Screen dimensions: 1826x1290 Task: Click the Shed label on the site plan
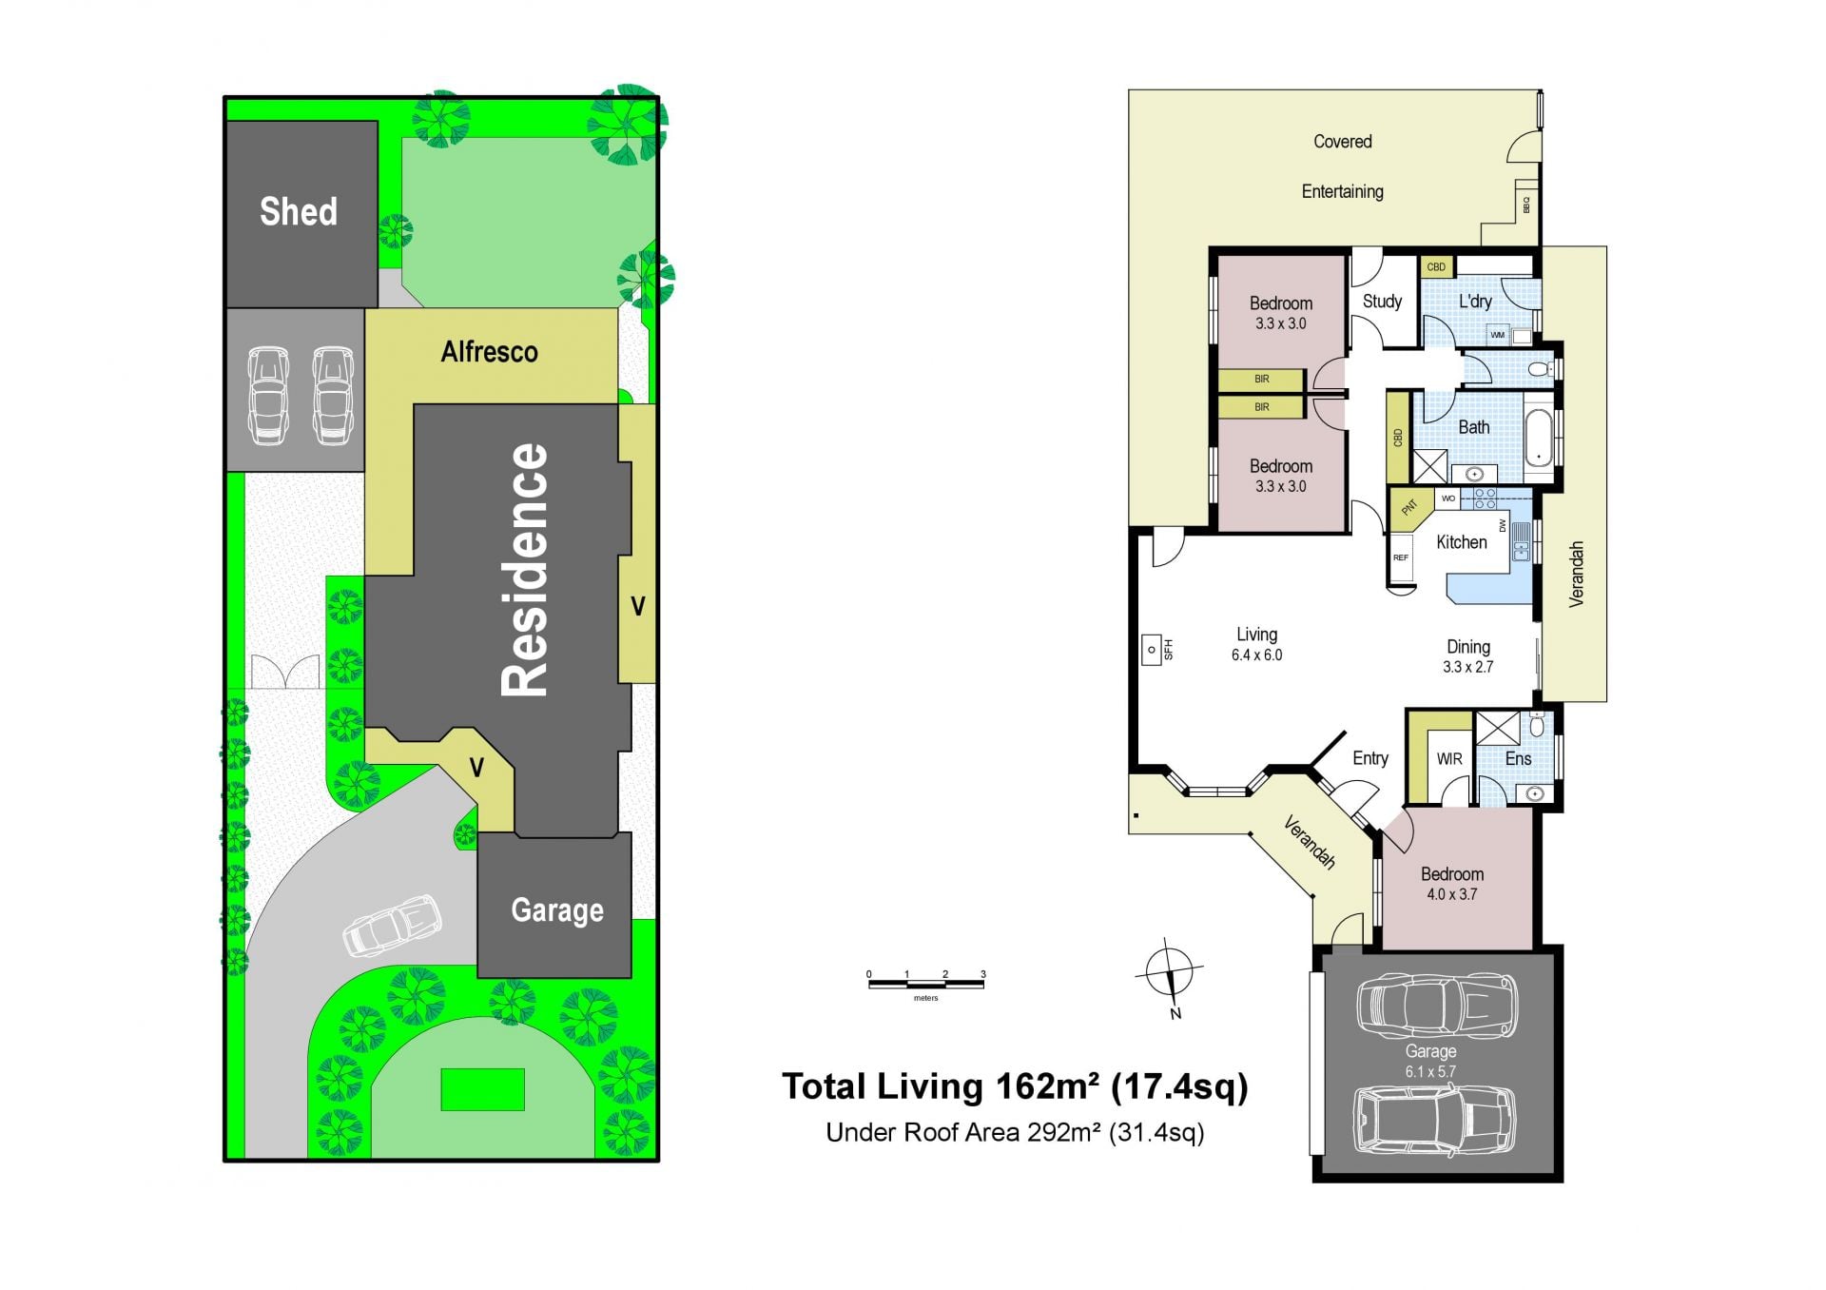click(299, 211)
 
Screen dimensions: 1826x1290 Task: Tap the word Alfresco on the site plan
click(489, 352)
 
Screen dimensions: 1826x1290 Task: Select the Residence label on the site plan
click(526, 569)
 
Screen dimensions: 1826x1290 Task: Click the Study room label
click(1382, 302)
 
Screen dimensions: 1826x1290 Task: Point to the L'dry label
click(1475, 302)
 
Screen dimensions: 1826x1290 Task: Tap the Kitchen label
click(1461, 542)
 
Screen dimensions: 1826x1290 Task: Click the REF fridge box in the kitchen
click(1401, 557)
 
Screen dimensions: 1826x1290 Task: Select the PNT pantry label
click(1409, 507)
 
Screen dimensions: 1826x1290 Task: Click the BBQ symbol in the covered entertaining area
click(1526, 204)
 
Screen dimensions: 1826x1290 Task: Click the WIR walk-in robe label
click(1449, 759)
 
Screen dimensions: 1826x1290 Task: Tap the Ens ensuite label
click(1518, 758)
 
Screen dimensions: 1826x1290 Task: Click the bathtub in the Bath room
click(1538, 438)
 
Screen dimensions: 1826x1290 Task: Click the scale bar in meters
click(925, 982)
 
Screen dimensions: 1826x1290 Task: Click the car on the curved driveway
click(393, 924)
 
